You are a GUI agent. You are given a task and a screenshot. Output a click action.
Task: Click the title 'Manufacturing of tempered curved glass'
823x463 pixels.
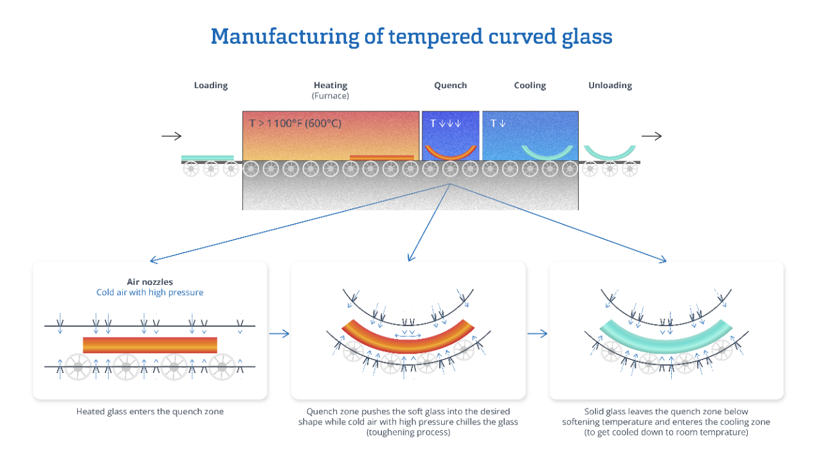(411, 36)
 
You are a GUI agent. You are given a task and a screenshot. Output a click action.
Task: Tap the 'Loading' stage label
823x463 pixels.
(211, 86)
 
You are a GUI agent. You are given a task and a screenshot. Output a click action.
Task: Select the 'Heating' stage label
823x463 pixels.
(330, 86)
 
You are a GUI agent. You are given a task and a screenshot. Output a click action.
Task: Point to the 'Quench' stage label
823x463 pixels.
(450, 86)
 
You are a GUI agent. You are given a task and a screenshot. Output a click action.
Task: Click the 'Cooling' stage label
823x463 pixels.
(530, 86)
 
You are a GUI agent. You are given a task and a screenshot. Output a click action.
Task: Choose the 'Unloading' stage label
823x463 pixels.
(610, 86)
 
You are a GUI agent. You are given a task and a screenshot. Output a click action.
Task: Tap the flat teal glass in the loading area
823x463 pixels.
(207, 158)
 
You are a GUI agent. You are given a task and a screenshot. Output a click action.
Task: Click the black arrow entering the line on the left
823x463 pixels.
(172, 136)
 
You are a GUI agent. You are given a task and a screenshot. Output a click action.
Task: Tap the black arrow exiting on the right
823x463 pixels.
(651, 136)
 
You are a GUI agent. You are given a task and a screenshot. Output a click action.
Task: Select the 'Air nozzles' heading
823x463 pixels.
(150, 282)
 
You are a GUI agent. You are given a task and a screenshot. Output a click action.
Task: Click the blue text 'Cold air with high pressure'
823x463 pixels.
(150, 293)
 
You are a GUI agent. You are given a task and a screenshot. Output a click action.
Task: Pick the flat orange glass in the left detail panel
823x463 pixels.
(150, 345)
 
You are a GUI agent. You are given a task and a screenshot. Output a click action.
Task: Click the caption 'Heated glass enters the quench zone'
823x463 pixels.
(150, 412)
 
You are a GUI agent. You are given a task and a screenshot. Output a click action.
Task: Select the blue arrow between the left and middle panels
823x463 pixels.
(279, 333)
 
